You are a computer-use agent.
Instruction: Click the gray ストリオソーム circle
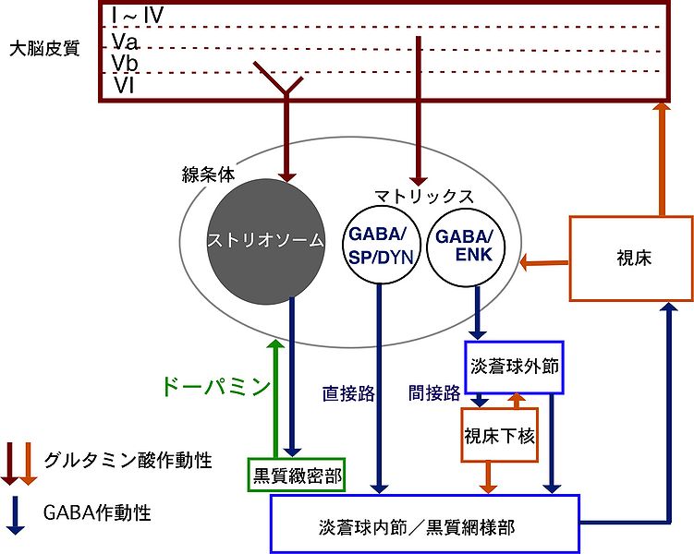point(265,240)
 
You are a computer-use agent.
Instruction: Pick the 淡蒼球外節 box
point(512,367)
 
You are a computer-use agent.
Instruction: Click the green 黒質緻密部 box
point(297,476)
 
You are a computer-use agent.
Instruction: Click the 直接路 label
point(348,393)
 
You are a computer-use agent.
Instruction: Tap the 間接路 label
point(434,393)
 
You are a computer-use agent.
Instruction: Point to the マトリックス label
point(423,196)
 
